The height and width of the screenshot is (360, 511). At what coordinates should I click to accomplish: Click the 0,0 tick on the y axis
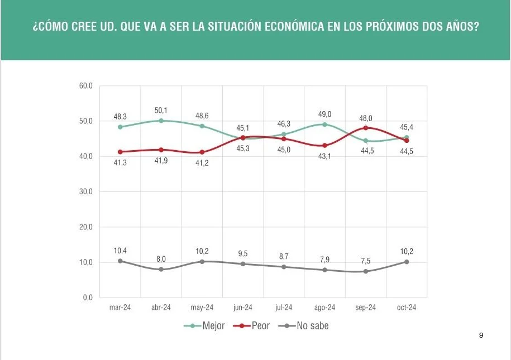coord(88,297)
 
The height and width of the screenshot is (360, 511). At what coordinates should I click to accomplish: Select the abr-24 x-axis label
coord(161,308)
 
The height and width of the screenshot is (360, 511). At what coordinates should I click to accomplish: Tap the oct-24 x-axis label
coord(407,308)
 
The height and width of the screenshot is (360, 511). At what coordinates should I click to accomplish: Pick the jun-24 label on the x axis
coord(243,308)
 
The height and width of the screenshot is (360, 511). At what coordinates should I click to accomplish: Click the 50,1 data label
coord(161,111)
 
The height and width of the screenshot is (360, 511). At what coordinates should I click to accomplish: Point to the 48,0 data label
coord(365,118)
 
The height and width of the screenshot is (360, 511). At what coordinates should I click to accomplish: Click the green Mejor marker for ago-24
coord(324,124)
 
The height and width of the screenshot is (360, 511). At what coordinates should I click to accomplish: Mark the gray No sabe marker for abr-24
coord(161,269)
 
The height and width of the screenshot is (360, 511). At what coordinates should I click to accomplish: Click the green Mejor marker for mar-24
coord(120,127)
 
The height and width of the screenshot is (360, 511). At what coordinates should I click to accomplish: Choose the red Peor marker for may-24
coord(202,152)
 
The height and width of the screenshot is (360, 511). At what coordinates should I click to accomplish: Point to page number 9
coord(481,335)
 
